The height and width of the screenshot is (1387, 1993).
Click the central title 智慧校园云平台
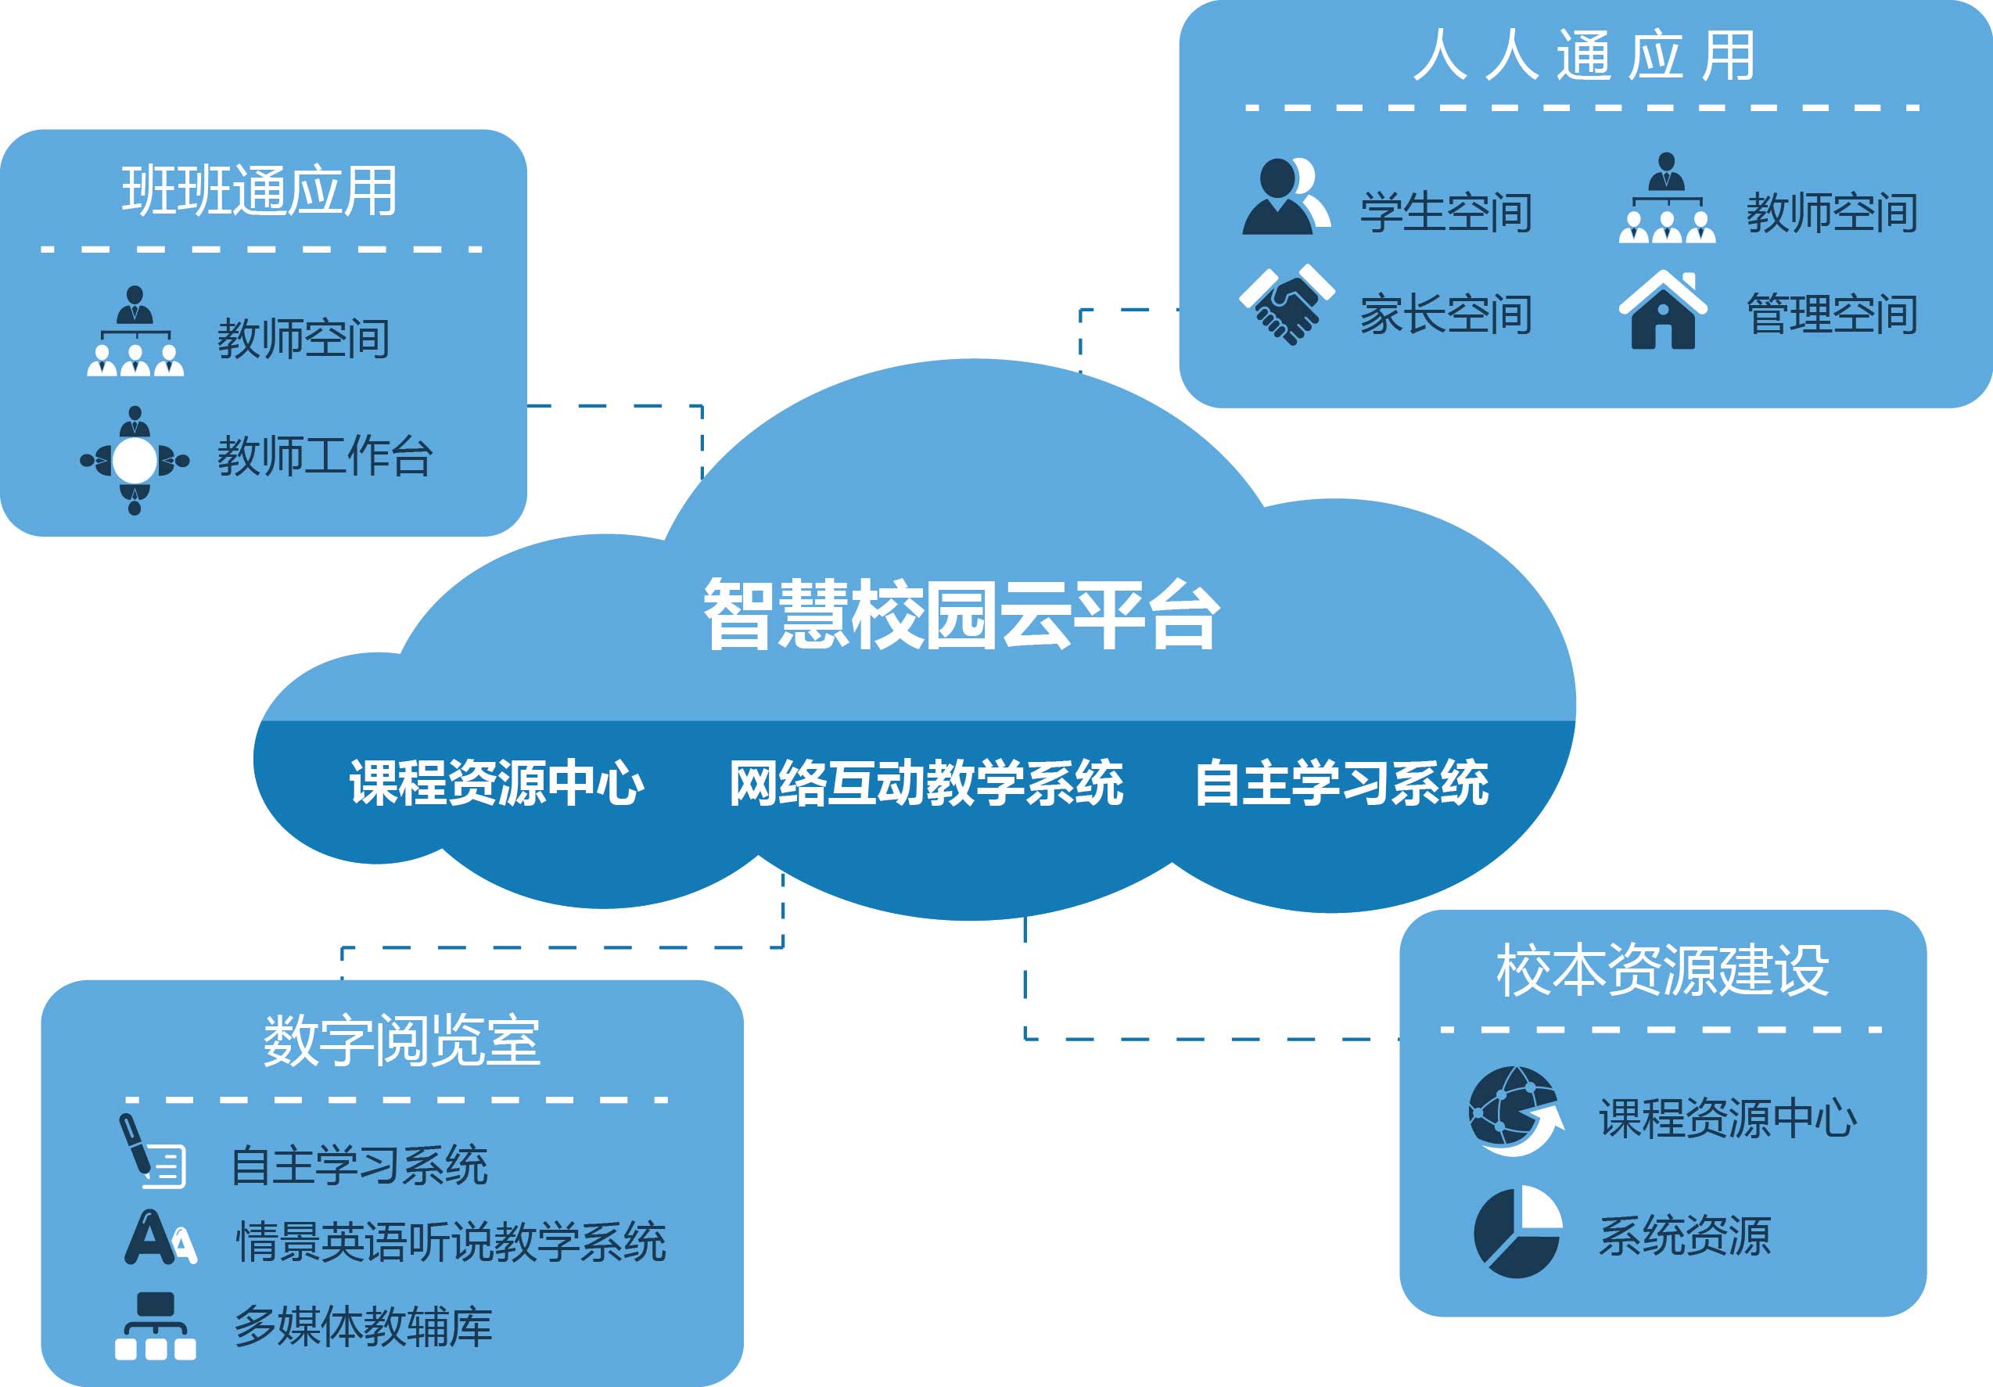point(962,615)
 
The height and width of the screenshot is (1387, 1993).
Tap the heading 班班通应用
point(260,190)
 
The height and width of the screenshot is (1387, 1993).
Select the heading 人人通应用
point(1584,56)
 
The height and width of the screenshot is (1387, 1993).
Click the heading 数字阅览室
point(402,1040)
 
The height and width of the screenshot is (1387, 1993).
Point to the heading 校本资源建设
point(1662,969)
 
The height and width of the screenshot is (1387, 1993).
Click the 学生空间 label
point(1446,213)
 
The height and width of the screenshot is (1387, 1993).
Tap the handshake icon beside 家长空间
point(1287,304)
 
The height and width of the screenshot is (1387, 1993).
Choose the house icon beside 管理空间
point(1663,310)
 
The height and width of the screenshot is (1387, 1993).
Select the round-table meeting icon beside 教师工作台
point(135,460)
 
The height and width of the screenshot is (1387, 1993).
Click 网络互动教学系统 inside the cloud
point(926,783)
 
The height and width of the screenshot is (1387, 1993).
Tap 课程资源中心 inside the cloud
point(497,783)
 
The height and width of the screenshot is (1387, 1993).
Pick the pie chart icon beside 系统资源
point(1517,1233)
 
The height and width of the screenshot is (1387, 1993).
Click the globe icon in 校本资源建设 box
point(1515,1111)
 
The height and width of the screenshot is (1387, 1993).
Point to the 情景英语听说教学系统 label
point(451,1241)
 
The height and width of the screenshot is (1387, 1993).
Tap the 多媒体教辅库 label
point(363,1325)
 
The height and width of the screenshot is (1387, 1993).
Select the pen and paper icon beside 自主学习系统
point(153,1152)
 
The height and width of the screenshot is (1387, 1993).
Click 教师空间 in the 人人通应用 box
point(1833,213)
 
